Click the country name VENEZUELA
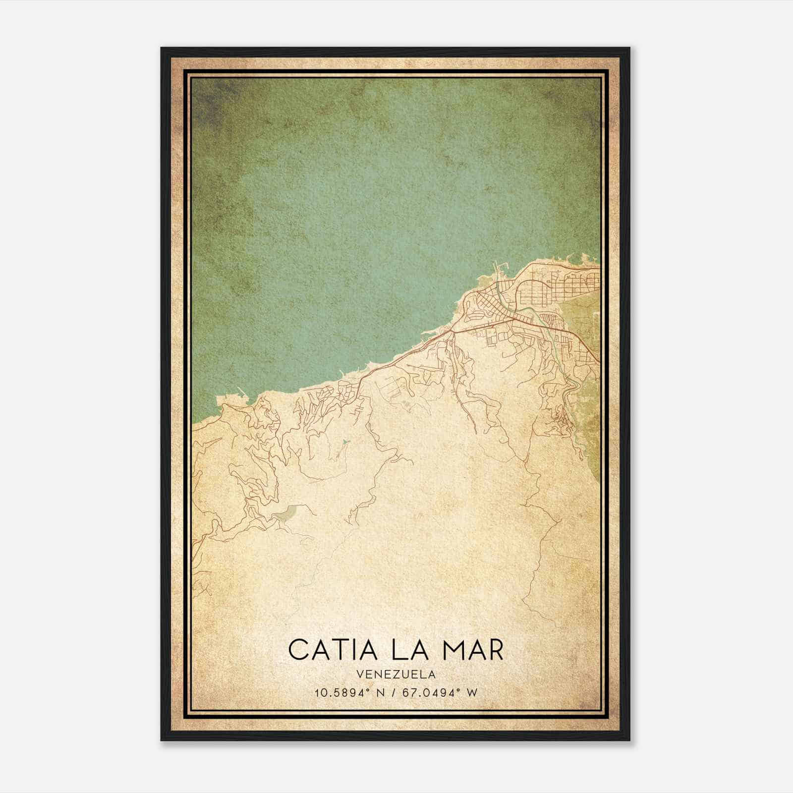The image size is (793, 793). point(396,675)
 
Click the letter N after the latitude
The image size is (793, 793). point(381,693)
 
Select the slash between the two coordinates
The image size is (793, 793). point(394,693)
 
